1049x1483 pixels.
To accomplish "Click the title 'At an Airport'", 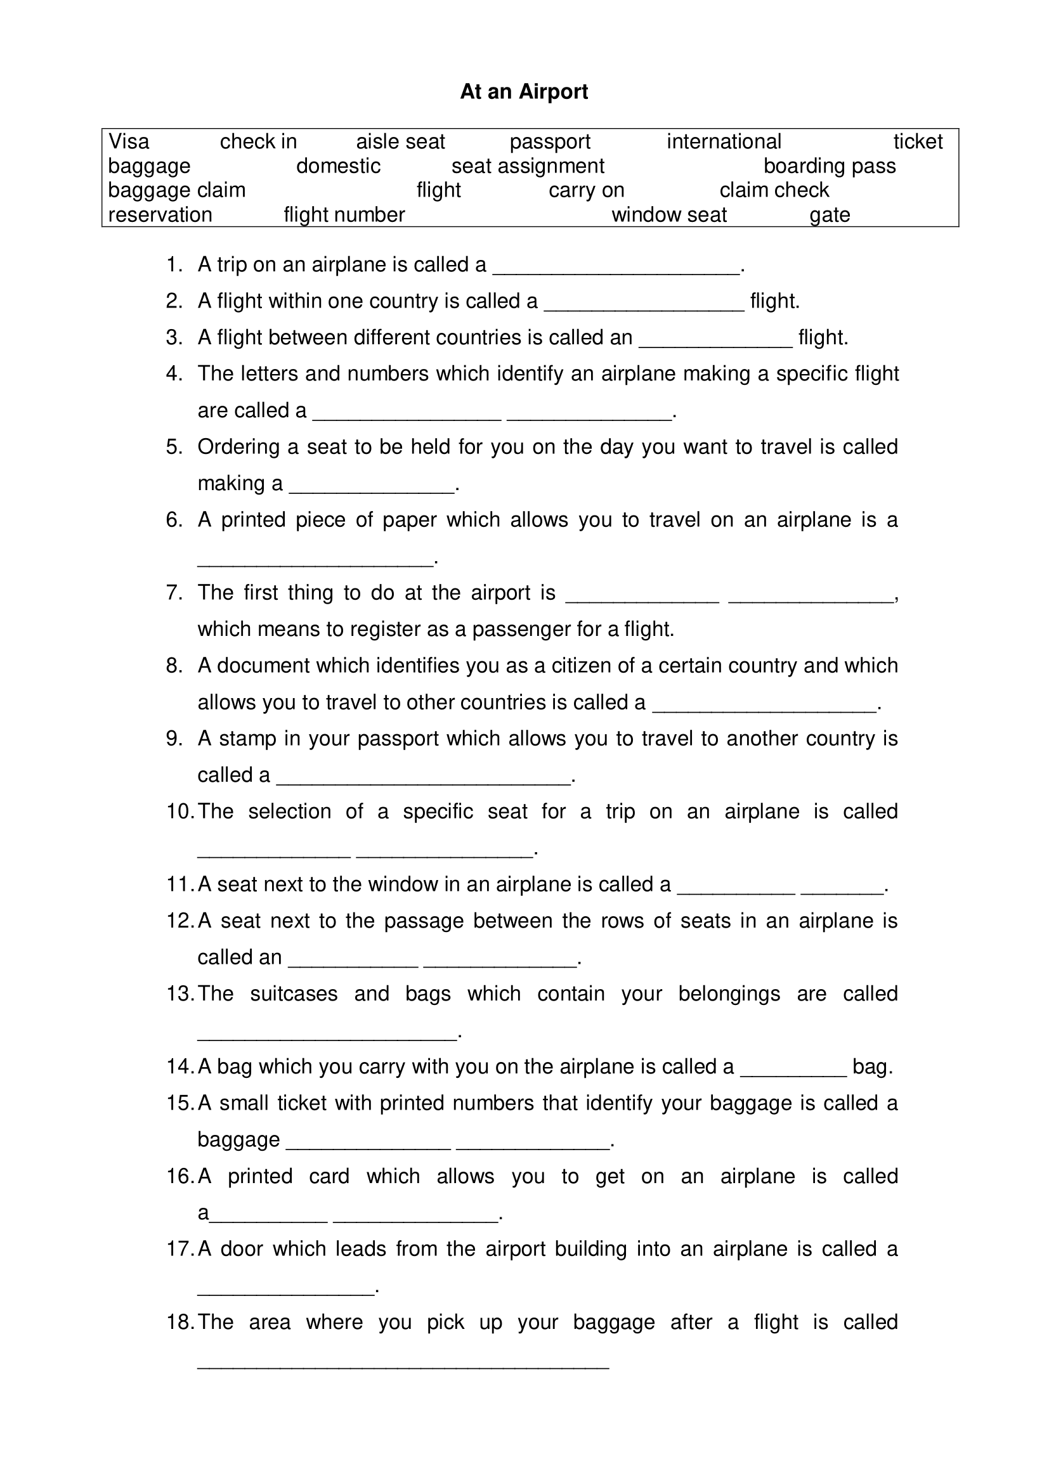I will [x=524, y=92].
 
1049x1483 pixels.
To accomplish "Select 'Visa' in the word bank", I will [x=129, y=141].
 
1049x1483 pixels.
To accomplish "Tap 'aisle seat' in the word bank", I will [x=400, y=141].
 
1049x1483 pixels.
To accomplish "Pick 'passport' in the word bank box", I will [x=550, y=141].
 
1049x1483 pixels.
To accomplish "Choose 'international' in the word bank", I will [x=724, y=141].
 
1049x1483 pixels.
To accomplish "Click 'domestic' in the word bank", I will [x=338, y=166].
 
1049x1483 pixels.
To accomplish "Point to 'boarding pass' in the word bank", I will [x=830, y=166].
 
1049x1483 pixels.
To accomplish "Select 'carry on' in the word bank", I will [x=587, y=190].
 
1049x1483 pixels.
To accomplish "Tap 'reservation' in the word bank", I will [x=160, y=214].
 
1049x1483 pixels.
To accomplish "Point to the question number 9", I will [x=174, y=738].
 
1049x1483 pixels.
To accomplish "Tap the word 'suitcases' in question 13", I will [x=294, y=994].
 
